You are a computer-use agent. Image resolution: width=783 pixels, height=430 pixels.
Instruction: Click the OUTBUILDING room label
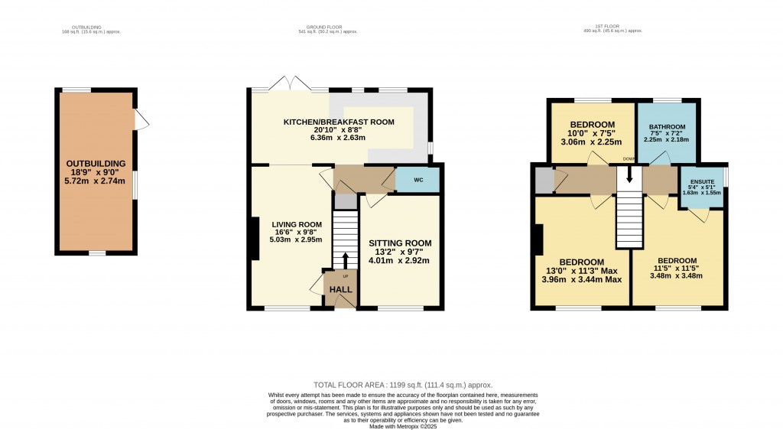point(96,164)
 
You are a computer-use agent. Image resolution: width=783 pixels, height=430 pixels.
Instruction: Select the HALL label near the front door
point(340,289)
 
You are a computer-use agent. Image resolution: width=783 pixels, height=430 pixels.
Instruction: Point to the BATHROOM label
point(667,127)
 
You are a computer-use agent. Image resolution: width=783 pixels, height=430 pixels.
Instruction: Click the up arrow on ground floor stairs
point(345,259)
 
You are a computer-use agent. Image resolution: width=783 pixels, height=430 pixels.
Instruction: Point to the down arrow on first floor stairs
point(629,174)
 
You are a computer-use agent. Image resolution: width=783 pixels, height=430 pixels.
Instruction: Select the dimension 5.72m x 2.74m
point(96,181)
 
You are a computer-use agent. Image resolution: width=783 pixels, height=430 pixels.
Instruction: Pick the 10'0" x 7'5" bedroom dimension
point(593,133)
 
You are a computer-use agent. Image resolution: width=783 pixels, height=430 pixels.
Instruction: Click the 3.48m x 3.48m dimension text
point(677,276)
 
